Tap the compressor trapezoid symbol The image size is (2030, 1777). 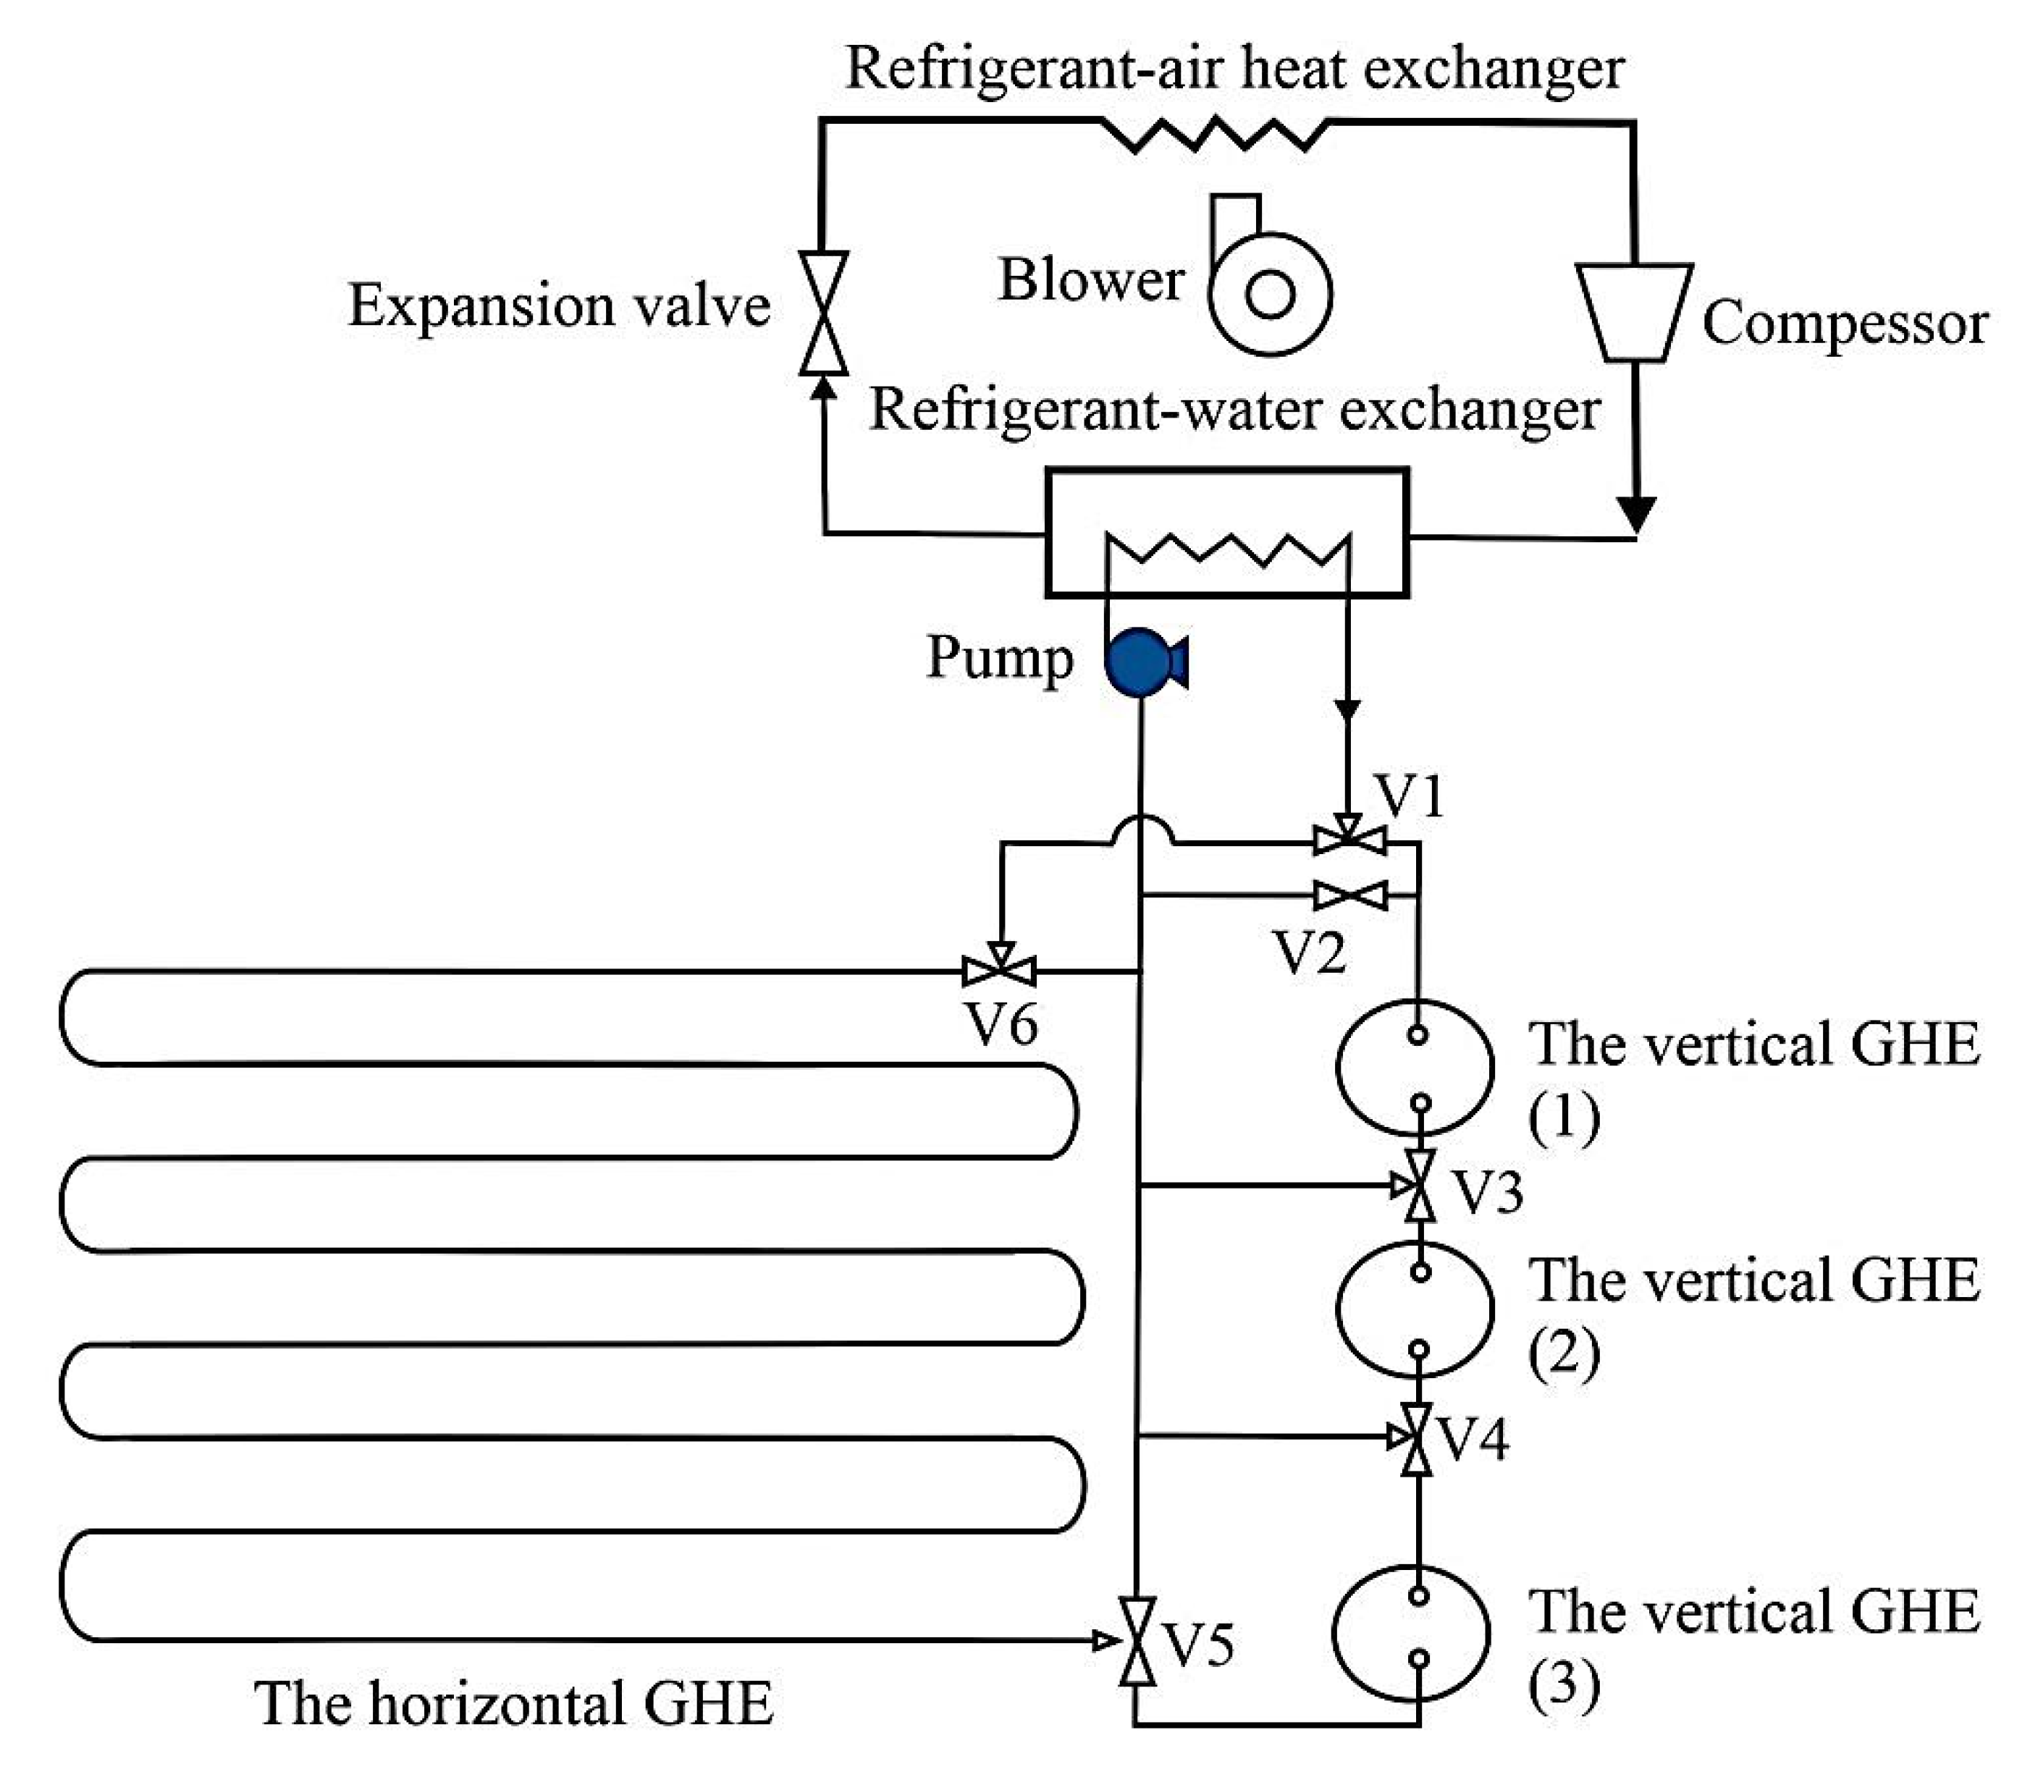coord(1634,311)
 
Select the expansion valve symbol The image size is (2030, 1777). coord(823,313)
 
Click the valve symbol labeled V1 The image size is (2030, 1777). coord(1348,842)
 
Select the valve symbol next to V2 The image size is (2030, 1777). coord(1349,895)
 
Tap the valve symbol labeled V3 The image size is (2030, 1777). coord(1420,1185)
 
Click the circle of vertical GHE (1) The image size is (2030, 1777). coord(1415,1068)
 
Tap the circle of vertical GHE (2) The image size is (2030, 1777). coord(1415,1309)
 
